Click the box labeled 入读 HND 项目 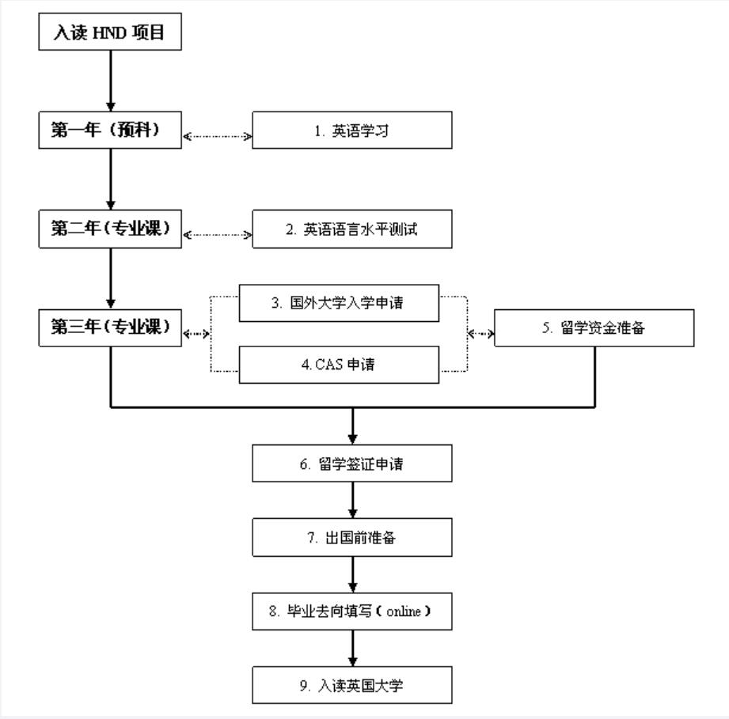click(x=110, y=34)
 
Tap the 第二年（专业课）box click(x=110, y=229)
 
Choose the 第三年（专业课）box click(x=110, y=327)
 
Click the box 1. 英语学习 click(x=352, y=131)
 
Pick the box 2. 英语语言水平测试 click(x=352, y=229)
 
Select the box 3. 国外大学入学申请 click(x=339, y=303)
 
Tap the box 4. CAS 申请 click(x=339, y=365)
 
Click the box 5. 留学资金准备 click(x=594, y=328)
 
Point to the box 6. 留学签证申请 click(x=352, y=464)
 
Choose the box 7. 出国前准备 click(x=352, y=538)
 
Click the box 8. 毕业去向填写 click(x=352, y=611)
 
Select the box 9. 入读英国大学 click(x=352, y=685)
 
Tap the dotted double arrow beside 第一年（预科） click(x=217, y=136)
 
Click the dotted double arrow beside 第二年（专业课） click(x=217, y=234)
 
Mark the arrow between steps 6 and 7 click(x=353, y=501)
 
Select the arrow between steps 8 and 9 click(x=353, y=649)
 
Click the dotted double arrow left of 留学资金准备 click(x=481, y=334)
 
